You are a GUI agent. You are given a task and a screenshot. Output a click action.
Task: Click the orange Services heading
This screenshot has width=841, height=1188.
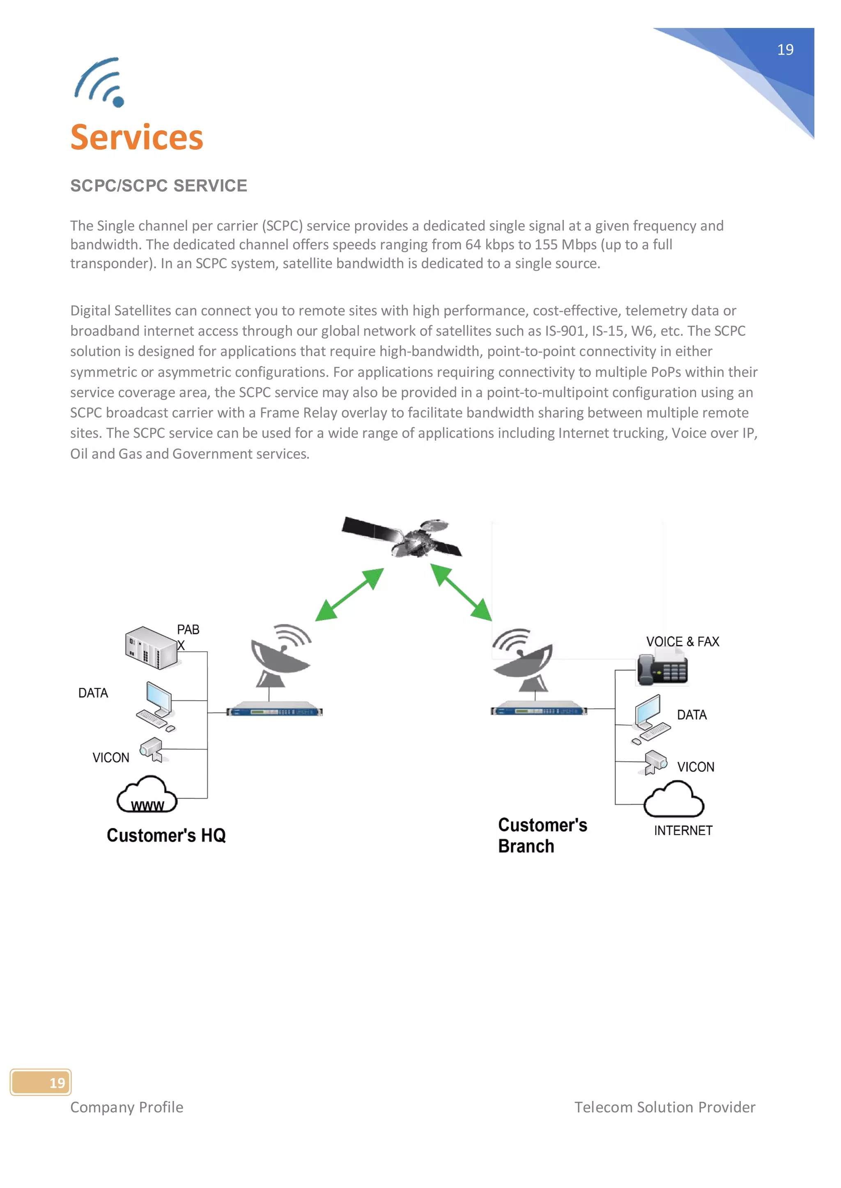(137, 138)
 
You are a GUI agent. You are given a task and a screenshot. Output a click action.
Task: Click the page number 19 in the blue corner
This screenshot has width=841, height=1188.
(785, 50)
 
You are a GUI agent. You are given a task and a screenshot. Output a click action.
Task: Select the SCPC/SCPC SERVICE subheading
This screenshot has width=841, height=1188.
(159, 186)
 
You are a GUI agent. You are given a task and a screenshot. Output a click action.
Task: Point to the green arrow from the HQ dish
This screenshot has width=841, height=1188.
(349, 594)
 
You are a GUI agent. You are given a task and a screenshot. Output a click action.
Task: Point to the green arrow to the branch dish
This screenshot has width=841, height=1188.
(461, 592)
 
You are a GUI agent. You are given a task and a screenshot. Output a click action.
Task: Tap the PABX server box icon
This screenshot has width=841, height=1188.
(151, 648)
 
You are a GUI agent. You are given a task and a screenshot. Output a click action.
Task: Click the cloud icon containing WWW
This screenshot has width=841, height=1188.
(147, 795)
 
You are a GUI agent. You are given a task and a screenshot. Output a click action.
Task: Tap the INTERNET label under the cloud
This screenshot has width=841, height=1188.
(682, 830)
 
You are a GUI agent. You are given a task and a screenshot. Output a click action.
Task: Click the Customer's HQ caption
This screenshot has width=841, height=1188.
(166, 835)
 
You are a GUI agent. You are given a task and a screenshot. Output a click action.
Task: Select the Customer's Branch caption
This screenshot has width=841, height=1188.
(542, 835)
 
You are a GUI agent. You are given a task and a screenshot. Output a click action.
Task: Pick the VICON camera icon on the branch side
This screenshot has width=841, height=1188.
(655, 762)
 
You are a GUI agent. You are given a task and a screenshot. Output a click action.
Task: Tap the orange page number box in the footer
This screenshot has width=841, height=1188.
(41, 1083)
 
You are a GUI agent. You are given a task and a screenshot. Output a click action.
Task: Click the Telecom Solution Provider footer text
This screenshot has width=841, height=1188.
(664, 1107)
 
